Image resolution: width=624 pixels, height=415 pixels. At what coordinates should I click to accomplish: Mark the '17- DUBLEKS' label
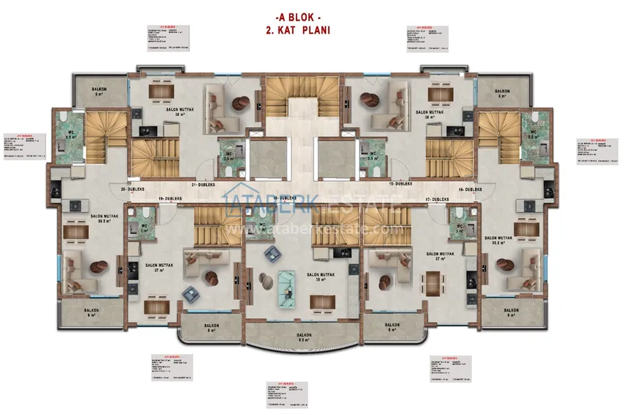[x=438, y=199]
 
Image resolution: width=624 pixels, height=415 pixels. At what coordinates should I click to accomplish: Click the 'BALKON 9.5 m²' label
[x=305, y=338]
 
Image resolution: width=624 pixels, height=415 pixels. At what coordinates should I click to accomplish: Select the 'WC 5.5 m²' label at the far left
[x=71, y=134]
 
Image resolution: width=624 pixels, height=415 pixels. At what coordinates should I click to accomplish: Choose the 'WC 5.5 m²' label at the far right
[x=534, y=134]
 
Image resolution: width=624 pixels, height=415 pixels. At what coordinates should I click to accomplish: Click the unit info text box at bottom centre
[x=285, y=394]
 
